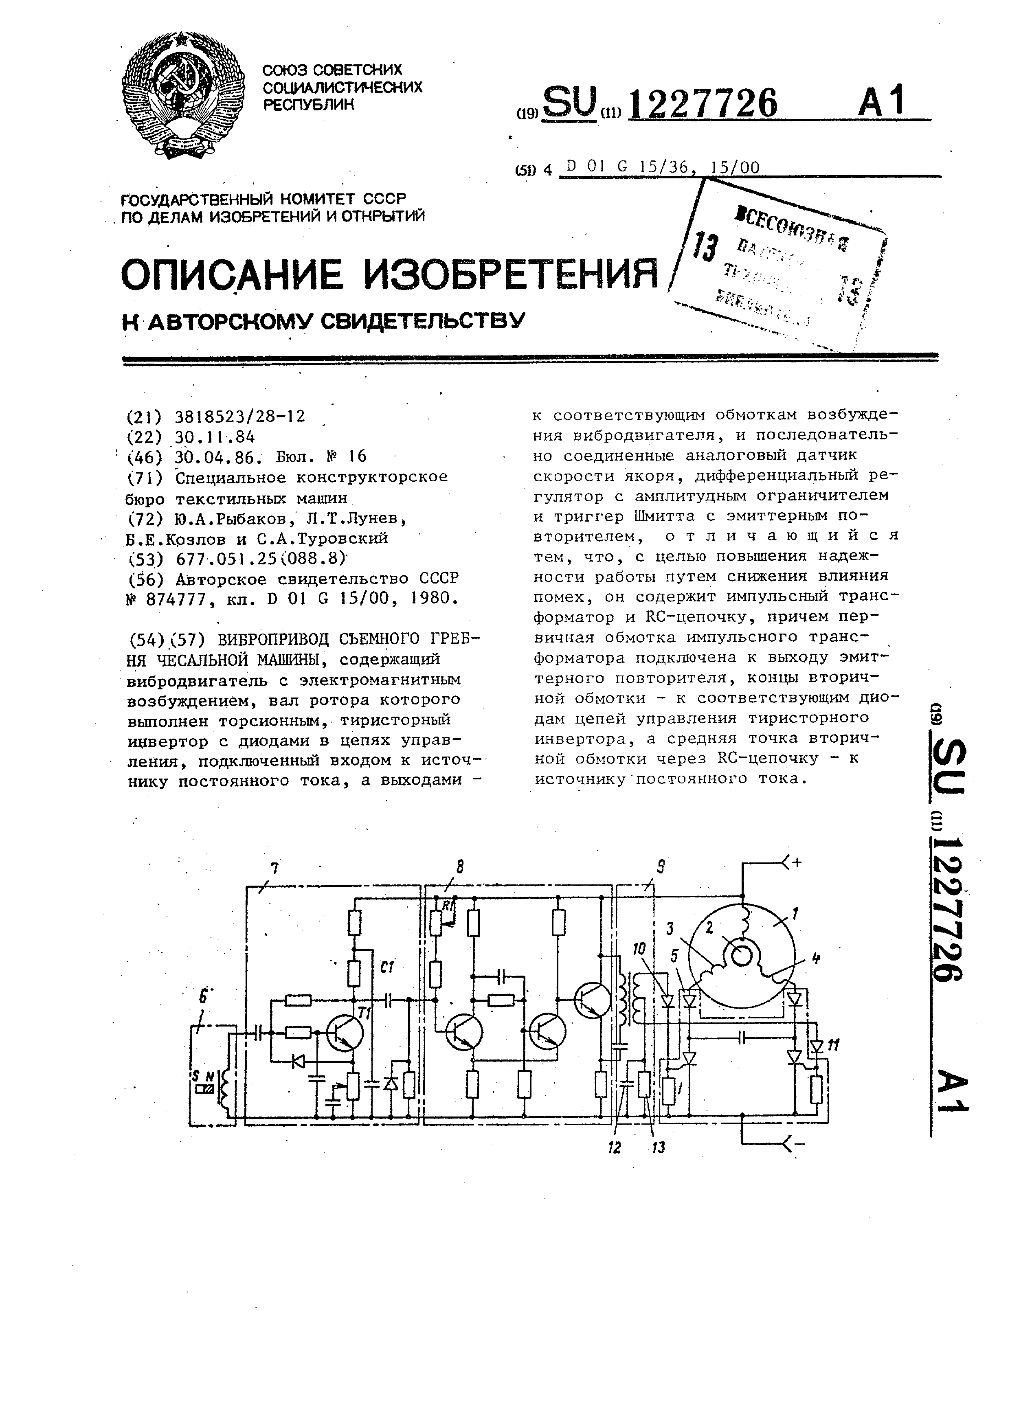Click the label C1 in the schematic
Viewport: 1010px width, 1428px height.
click(384, 967)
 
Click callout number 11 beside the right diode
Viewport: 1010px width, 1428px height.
click(834, 1045)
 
